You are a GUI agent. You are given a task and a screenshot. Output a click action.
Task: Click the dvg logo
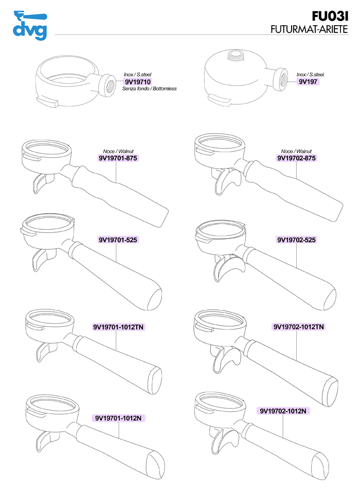tap(30, 25)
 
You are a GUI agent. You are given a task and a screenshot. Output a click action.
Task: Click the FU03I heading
tap(330, 16)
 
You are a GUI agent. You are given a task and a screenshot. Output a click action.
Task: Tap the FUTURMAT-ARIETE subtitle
tap(309, 29)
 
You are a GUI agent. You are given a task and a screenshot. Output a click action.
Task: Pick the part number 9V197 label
tap(308, 82)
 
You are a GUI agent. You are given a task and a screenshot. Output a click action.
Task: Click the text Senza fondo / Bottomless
tap(150, 89)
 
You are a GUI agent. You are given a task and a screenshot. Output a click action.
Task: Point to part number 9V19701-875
tap(118, 158)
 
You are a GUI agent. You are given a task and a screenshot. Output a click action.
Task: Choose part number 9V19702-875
tap(296, 158)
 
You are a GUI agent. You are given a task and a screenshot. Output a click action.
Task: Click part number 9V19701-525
tap(118, 240)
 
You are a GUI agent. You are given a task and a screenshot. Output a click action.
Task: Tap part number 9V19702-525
tap(296, 240)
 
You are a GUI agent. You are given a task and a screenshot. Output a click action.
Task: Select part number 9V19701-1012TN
tap(119, 327)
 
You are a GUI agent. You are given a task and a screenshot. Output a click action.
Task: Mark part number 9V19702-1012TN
tap(299, 327)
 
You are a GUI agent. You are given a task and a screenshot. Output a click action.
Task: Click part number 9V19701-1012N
tap(118, 418)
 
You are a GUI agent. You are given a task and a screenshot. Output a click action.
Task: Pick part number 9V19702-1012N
tap(283, 411)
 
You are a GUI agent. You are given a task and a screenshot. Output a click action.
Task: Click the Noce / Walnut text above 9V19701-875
tap(118, 151)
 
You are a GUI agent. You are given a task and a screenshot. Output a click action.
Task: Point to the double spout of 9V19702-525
tap(227, 265)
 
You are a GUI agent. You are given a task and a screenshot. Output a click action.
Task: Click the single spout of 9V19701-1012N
tap(45, 440)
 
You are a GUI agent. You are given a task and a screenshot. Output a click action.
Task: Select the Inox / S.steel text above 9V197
tap(310, 75)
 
